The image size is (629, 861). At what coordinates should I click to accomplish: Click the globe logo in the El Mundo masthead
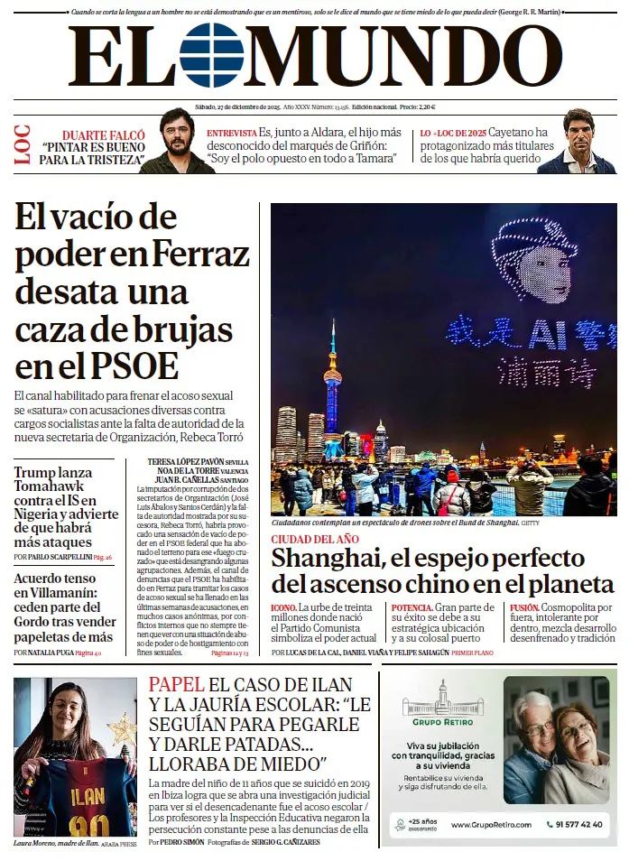pos(212,56)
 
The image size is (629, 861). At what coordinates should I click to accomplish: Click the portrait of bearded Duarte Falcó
pos(177,141)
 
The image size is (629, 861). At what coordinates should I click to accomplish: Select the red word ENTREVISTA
pos(231,133)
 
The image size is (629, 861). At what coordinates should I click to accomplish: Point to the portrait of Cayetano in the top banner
pos(578,141)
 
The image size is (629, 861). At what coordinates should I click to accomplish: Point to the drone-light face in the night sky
pos(536,261)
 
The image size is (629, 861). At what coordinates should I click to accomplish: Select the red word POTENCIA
pos(412,608)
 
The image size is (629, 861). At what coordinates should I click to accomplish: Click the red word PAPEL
pos(176,685)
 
